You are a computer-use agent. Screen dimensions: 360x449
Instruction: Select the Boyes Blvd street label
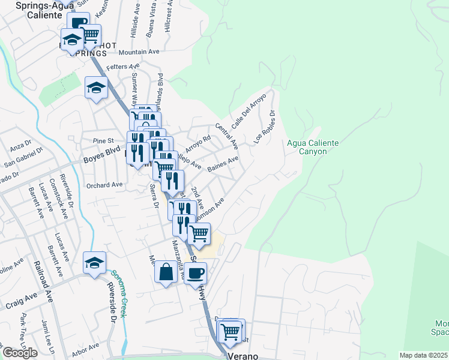[102, 153]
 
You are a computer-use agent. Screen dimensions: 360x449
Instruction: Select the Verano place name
[243, 356]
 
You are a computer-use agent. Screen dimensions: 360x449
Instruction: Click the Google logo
[20, 353]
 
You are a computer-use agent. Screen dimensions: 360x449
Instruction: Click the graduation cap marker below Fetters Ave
[96, 88]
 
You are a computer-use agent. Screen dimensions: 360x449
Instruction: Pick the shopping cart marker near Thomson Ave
[199, 233]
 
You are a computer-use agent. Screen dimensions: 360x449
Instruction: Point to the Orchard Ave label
[104, 185]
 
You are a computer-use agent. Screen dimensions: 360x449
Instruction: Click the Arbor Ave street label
[86, 347]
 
